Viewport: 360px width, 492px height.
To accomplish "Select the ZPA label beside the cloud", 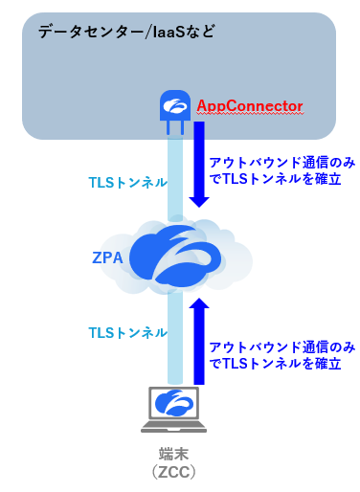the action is tap(108, 257).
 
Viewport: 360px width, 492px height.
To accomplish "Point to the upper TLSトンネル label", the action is tap(127, 182).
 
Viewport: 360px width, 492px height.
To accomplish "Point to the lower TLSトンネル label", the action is tap(127, 332).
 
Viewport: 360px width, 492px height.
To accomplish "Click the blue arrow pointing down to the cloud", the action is tap(200, 168).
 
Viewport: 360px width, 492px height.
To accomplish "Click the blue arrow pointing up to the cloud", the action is tap(200, 340).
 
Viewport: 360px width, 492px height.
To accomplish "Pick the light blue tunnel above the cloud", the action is tap(173, 177).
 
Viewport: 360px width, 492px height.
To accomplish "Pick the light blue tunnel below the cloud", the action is tap(173, 335).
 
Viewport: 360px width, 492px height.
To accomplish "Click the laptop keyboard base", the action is tap(173, 425).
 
